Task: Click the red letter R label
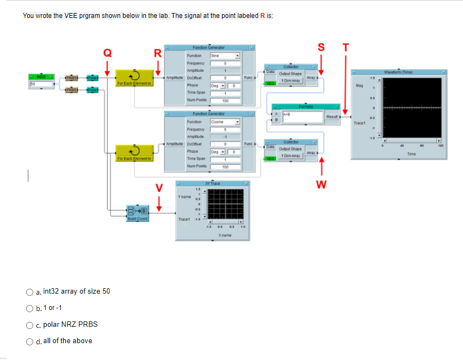click(x=158, y=53)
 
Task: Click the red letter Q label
click(x=108, y=52)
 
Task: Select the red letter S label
click(x=320, y=46)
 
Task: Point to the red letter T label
click(x=344, y=46)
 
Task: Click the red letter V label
click(x=159, y=188)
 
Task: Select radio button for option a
click(x=31, y=291)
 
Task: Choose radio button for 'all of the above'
click(x=31, y=341)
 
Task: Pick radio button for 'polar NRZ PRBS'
click(x=31, y=325)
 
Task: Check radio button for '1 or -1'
click(x=31, y=308)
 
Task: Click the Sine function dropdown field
click(x=225, y=55)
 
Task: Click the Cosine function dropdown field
click(x=225, y=122)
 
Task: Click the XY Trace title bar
click(x=212, y=183)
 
